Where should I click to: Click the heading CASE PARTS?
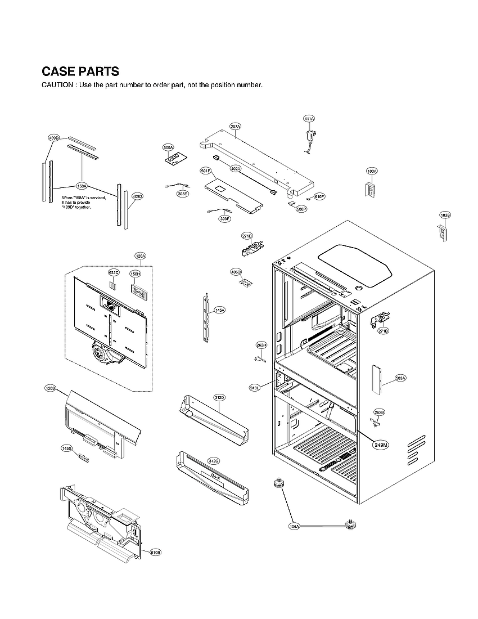click(80, 71)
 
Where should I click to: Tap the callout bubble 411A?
click(309, 119)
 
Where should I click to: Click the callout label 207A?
click(235, 127)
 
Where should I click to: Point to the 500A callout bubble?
click(168, 147)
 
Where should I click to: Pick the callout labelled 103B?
click(445, 216)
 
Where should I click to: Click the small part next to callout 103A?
click(371, 190)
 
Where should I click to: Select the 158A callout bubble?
click(82, 186)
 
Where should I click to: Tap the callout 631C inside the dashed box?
click(114, 273)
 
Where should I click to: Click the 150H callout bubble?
click(135, 274)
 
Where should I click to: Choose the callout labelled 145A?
click(219, 310)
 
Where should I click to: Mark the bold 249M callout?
click(380, 445)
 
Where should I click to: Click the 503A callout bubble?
click(400, 378)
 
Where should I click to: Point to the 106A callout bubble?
click(294, 526)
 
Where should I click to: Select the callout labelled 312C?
click(213, 461)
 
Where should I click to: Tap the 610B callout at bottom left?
click(156, 552)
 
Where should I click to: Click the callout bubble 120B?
click(51, 388)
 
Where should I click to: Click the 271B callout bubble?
click(383, 331)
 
